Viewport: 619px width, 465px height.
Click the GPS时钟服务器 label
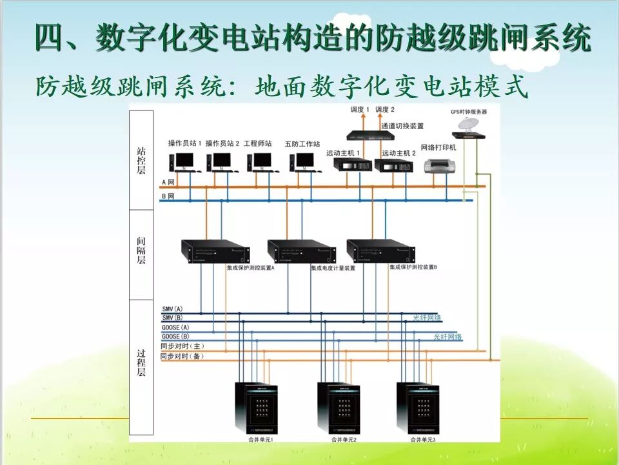coord(468,112)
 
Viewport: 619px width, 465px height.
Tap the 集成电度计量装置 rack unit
coord(302,251)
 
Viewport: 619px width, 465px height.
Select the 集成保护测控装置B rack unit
coord(380,251)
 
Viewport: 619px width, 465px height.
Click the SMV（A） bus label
coord(172,310)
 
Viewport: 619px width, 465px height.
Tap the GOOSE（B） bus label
coord(175,336)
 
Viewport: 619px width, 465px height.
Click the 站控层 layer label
coord(141,160)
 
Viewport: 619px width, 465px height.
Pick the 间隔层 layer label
coord(141,250)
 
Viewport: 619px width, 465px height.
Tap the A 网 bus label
coord(168,183)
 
